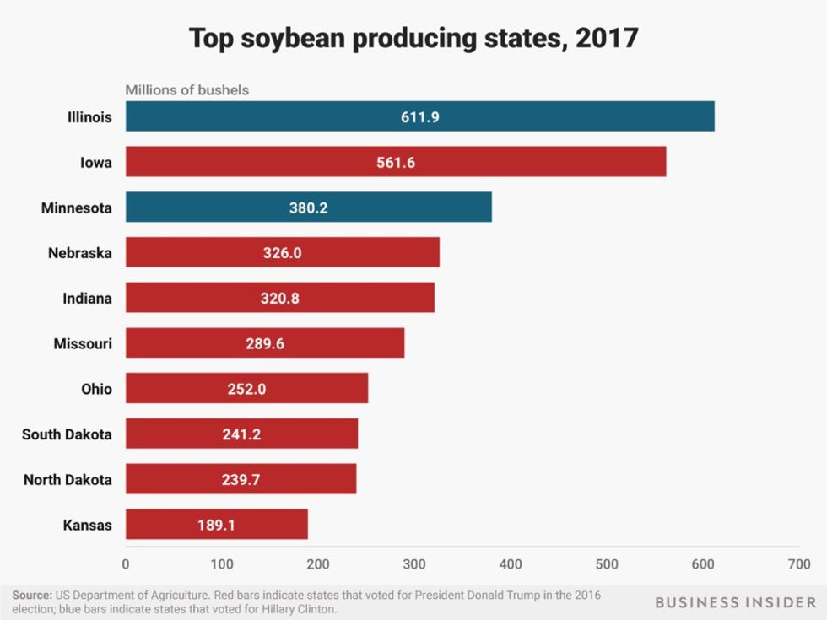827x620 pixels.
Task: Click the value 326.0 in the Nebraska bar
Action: [x=283, y=253]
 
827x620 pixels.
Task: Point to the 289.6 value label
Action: [x=265, y=344]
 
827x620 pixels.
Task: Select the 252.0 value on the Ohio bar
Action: [x=246, y=390]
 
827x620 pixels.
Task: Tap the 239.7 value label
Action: [x=241, y=480]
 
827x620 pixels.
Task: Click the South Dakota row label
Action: [x=67, y=434]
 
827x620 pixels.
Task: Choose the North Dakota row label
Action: [x=68, y=480]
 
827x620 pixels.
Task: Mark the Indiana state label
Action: [x=87, y=298]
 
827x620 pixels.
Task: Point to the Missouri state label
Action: [x=83, y=343]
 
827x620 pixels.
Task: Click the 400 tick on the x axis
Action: [x=511, y=563]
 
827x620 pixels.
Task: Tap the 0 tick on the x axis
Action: [x=126, y=563]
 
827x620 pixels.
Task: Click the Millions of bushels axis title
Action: [x=187, y=89]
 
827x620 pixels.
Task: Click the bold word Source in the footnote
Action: [x=31, y=596]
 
